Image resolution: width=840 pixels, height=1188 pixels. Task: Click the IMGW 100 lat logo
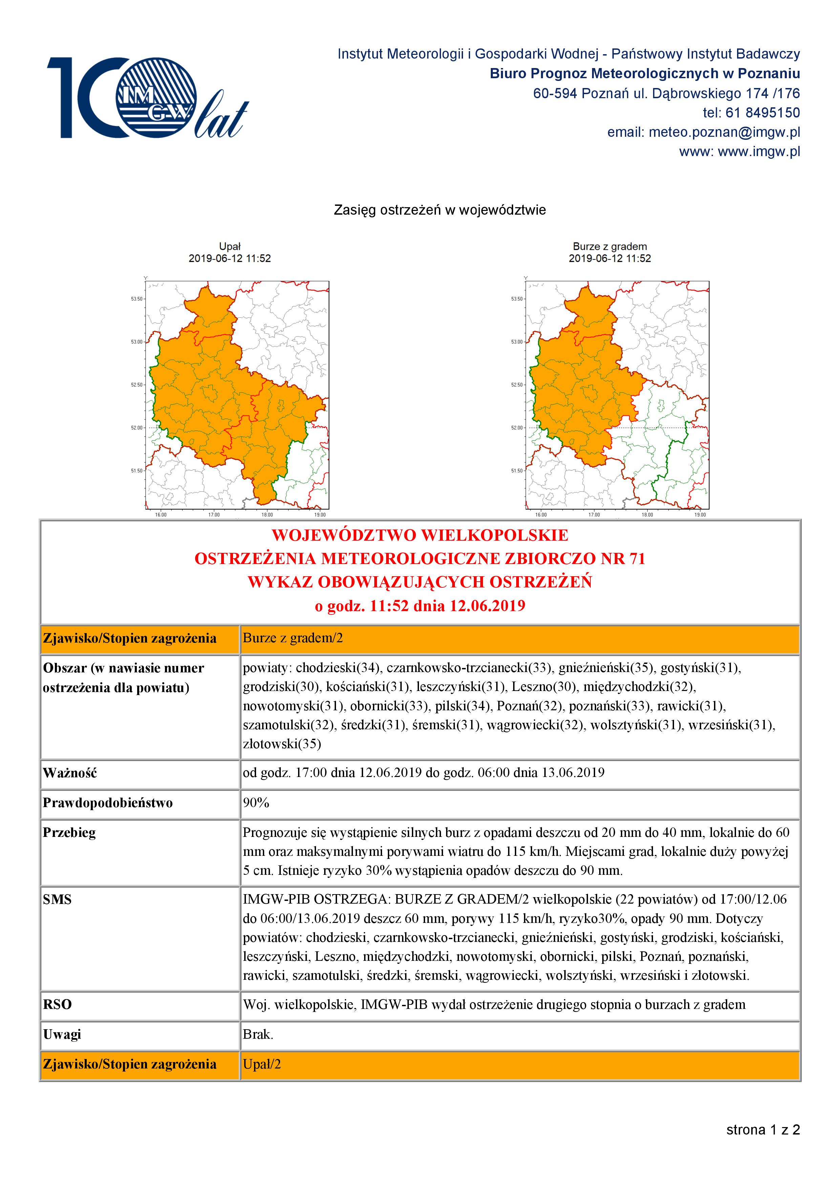[x=147, y=98]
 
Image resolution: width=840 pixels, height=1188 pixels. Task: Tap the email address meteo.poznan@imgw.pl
[x=724, y=132]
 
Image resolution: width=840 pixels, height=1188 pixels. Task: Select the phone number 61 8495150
[x=763, y=113]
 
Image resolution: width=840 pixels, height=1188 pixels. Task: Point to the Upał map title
[x=230, y=247]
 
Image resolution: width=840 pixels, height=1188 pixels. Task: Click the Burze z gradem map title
[x=610, y=247]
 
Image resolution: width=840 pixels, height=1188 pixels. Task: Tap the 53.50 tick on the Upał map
[x=136, y=299]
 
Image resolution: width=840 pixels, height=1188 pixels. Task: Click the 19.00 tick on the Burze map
[x=700, y=515]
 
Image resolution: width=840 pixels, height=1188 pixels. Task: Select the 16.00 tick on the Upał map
[x=161, y=515]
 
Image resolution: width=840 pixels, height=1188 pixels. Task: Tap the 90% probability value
[x=256, y=803]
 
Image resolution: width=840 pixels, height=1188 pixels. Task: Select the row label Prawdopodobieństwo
[x=108, y=803]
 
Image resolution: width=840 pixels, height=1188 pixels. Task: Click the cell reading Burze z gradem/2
[x=293, y=638]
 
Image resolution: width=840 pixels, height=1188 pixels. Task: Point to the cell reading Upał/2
[x=262, y=1064]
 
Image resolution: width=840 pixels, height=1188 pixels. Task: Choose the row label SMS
[x=57, y=900]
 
